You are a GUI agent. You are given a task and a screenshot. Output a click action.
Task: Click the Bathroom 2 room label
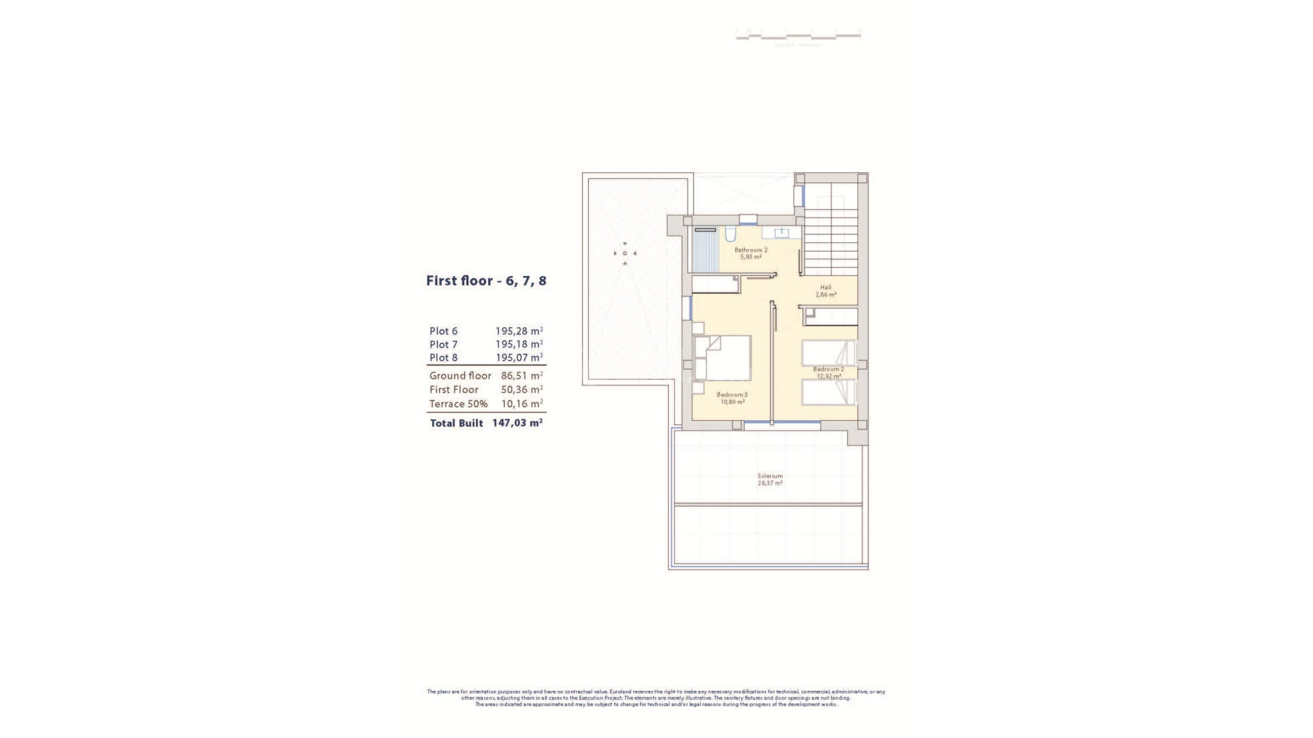[751, 250]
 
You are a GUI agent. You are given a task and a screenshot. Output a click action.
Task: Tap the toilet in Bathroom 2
[730, 236]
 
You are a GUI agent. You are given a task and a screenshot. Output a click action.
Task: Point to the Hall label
[825, 287]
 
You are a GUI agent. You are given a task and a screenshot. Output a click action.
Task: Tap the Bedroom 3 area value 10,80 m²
[732, 402]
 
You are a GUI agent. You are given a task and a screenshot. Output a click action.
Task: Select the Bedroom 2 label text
[828, 369]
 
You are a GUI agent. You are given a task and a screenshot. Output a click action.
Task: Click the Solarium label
[770, 476]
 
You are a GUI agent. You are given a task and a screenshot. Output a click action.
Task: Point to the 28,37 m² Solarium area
[770, 483]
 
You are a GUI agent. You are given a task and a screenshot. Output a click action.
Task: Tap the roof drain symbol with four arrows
[624, 254]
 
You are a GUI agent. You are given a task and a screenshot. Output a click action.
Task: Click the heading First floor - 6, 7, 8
[486, 281]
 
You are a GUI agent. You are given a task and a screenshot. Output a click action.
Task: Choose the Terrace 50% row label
[458, 404]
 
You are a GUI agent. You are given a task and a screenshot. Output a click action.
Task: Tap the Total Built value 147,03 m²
[517, 423]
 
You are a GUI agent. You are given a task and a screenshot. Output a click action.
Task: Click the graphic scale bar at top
[798, 34]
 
